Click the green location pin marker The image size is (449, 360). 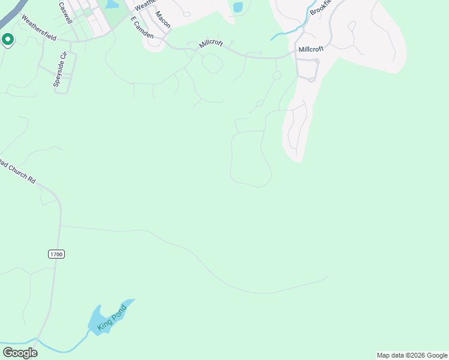coord(8,40)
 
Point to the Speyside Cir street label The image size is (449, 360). coord(59,70)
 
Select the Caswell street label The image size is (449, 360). coord(65,13)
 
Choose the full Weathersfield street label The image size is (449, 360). coord(38,28)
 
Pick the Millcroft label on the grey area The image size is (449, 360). coord(311,49)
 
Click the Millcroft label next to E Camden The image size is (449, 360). coord(211,44)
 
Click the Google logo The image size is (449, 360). coord(20,353)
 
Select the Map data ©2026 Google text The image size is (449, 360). coord(412,355)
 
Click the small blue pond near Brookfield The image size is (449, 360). coord(238,7)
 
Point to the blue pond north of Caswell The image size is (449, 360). coord(111,4)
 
